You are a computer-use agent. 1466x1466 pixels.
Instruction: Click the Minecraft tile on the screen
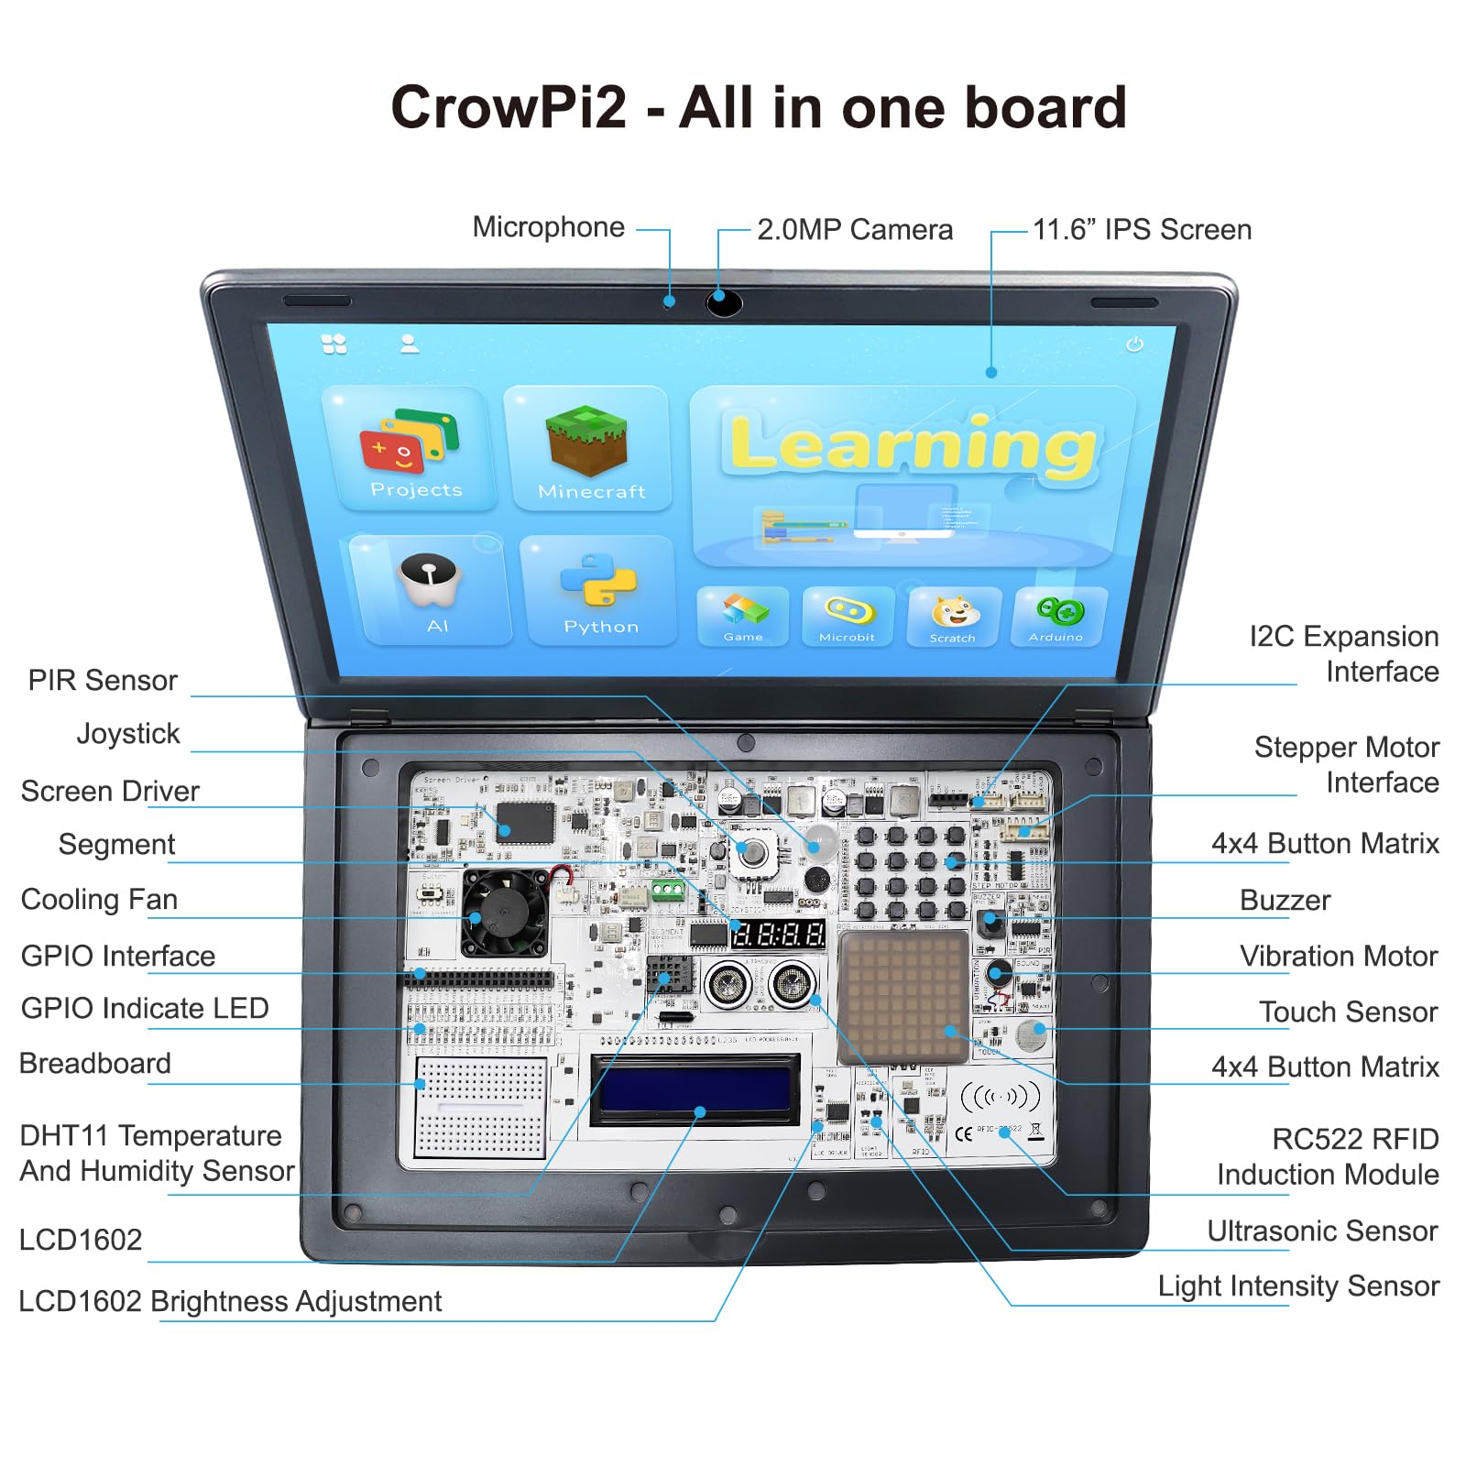(x=587, y=449)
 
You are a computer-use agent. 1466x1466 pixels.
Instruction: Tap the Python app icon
(x=599, y=591)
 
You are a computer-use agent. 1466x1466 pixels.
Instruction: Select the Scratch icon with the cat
(x=953, y=616)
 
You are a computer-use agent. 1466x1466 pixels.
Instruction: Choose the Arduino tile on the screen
(x=1058, y=616)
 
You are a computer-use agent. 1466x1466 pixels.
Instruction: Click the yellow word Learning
(x=913, y=445)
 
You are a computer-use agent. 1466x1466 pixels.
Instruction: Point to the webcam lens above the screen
(x=723, y=301)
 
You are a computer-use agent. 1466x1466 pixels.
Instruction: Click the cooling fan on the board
(x=504, y=912)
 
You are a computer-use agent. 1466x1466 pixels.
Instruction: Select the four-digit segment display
(x=777, y=935)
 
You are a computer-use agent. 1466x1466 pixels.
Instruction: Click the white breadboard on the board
(x=480, y=1107)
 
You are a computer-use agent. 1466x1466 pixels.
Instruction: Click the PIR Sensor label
(x=103, y=681)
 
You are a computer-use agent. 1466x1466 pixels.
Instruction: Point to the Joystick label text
(x=128, y=734)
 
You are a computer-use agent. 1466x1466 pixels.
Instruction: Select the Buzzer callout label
(x=1285, y=901)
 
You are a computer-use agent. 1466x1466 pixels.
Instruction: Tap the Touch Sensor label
(x=1348, y=1012)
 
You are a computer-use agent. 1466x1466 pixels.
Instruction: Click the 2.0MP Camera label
(x=854, y=230)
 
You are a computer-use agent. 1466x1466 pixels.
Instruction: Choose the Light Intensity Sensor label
(x=1298, y=1286)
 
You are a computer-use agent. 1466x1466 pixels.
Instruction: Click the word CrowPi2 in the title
(x=509, y=107)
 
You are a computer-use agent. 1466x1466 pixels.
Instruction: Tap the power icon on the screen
(x=1134, y=344)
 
